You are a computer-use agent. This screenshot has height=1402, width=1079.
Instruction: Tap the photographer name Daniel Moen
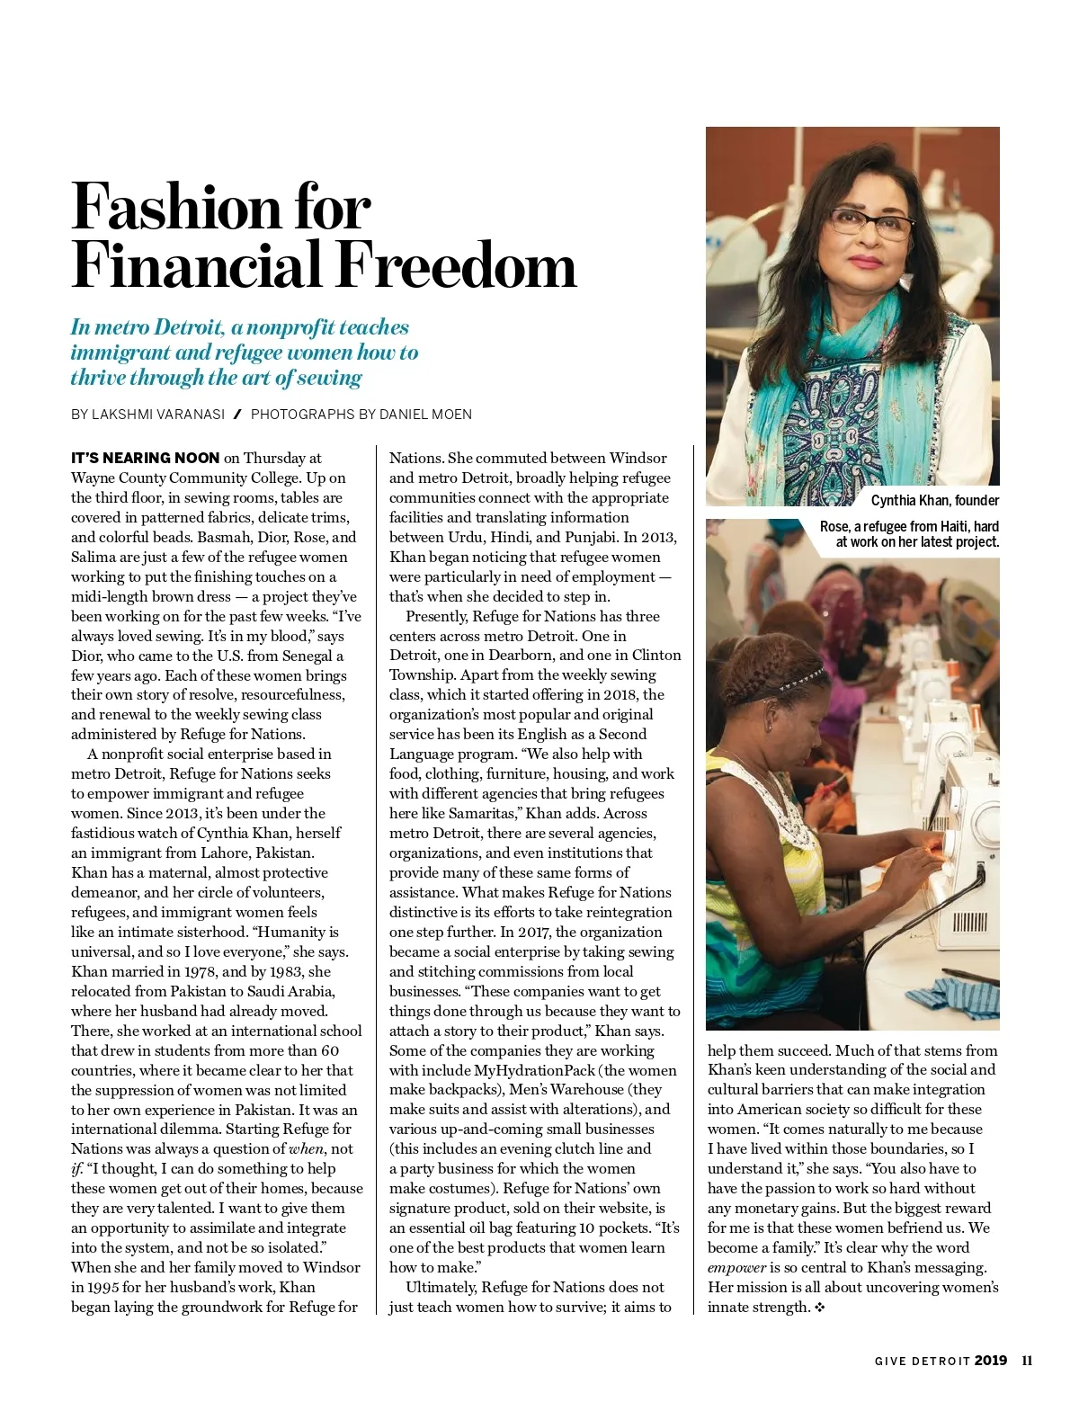click(425, 415)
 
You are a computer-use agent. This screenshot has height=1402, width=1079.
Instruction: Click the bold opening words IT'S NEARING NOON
click(145, 458)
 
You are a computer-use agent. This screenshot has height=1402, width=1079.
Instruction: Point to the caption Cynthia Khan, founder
click(934, 501)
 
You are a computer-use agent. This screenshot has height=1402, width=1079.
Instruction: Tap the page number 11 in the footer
click(1027, 1361)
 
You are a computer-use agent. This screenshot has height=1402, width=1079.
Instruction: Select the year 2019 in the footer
click(990, 1361)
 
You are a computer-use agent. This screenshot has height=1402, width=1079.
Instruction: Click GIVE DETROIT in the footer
click(922, 1362)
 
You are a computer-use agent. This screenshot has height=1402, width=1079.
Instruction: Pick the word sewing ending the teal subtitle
click(330, 378)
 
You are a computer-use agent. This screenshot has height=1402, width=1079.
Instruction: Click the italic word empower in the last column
click(736, 1268)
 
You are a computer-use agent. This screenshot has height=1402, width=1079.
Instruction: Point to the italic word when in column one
click(306, 1149)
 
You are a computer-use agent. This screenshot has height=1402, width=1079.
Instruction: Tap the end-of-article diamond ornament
click(819, 1308)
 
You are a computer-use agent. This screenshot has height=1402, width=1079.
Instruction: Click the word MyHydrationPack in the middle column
click(535, 1070)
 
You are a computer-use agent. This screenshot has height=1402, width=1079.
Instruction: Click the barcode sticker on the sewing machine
click(969, 923)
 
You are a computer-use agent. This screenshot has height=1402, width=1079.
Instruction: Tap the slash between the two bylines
click(237, 415)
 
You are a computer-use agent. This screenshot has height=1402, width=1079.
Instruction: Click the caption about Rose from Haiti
click(909, 534)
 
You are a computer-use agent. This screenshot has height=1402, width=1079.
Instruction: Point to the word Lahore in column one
click(222, 853)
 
